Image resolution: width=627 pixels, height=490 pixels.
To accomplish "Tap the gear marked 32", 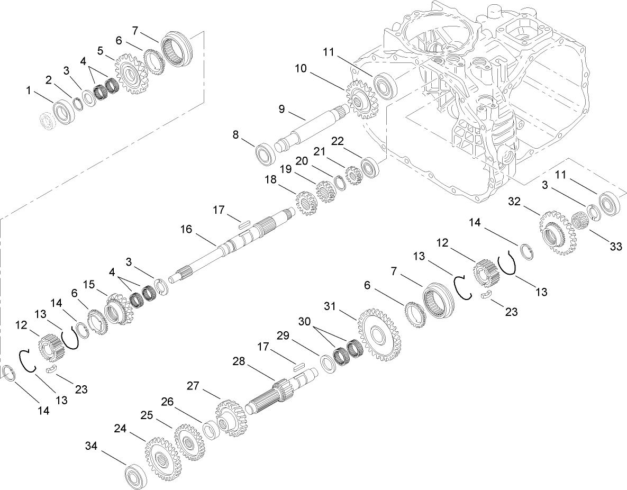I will click(x=558, y=233).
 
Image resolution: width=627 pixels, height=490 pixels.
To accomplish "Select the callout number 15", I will click(x=89, y=285).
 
